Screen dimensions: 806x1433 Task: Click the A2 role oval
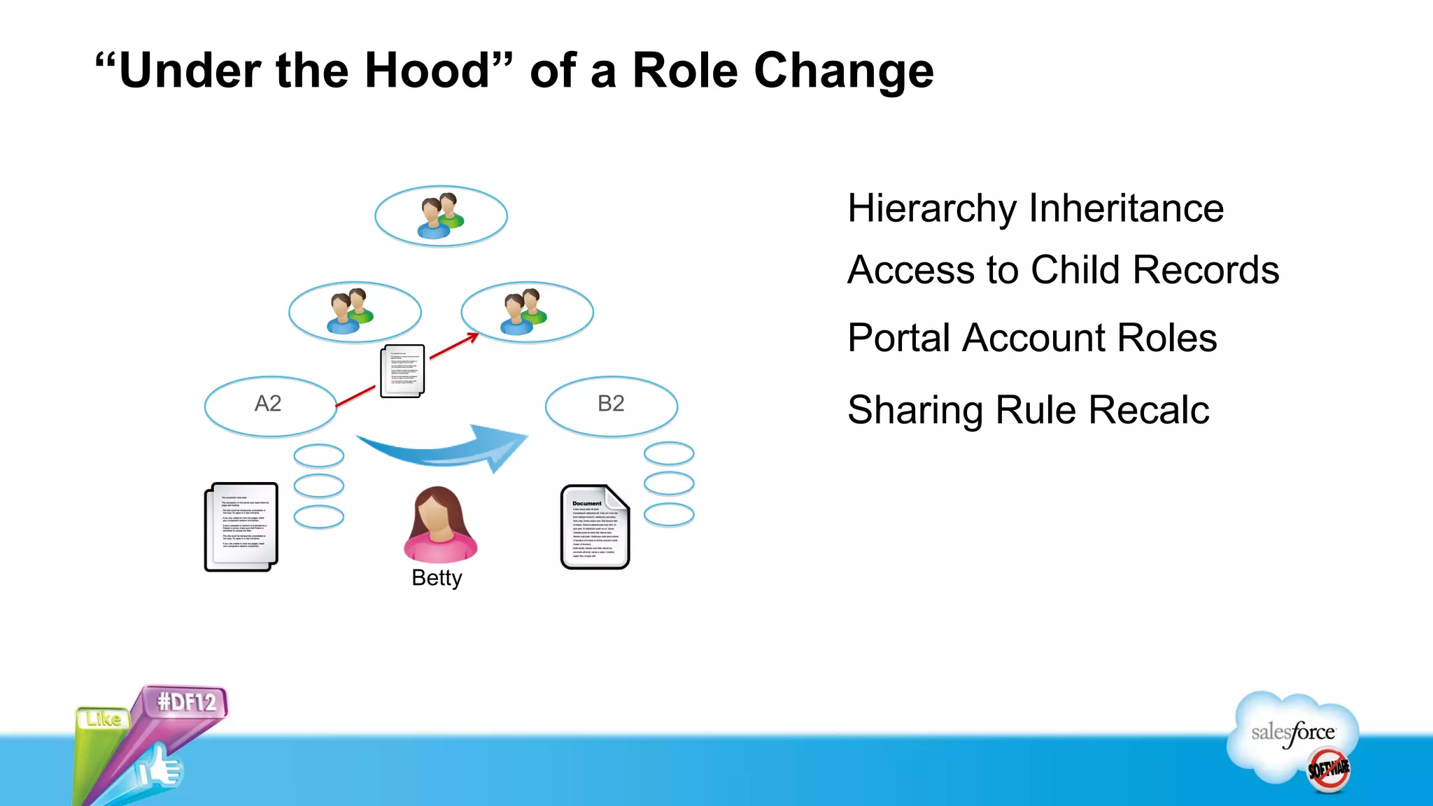(x=270, y=405)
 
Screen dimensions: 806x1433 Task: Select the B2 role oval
(x=611, y=405)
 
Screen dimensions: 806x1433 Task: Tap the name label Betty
(x=437, y=578)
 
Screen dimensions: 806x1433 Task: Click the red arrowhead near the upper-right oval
(x=474, y=337)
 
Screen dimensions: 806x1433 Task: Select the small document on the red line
(x=402, y=371)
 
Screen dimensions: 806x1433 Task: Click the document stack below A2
(x=241, y=526)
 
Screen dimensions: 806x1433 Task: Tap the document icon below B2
(x=595, y=526)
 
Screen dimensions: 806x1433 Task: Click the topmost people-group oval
(x=441, y=216)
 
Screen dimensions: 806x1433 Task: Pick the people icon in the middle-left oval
(x=350, y=311)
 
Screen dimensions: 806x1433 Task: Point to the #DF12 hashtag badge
(x=187, y=701)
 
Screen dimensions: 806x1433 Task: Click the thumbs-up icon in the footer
(x=160, y=768)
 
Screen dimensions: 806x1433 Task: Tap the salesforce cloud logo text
(x=1293, y=733)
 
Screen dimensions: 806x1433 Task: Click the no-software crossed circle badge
(x=1328, y=770)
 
